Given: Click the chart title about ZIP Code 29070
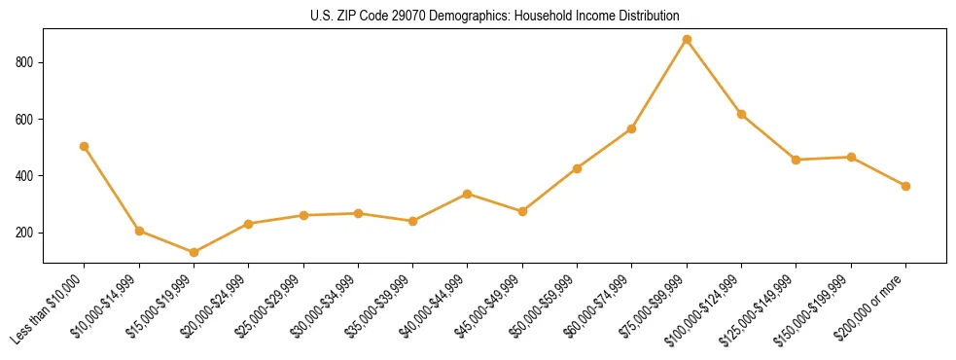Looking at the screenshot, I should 494,16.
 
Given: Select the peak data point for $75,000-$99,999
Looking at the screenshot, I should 687,40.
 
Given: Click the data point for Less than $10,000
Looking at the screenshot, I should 85,146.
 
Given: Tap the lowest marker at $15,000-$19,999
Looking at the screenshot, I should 194,252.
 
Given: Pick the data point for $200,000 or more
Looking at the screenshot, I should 905,186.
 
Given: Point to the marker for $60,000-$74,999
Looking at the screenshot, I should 632,128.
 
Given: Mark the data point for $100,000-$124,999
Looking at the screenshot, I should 741,114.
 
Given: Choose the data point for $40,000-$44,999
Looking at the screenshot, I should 468,194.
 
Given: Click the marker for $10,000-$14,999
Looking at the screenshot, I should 139,231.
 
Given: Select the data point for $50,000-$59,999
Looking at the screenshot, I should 577,168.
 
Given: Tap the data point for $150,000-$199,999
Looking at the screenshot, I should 851,157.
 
